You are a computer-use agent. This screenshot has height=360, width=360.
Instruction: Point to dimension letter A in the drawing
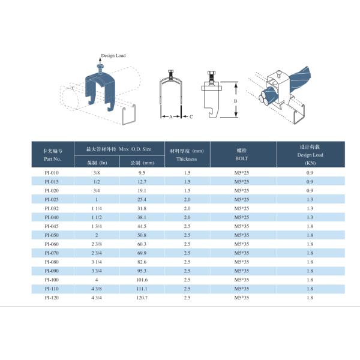tap(171, 116)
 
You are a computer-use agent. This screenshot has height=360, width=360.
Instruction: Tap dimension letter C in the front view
tap(191, 116)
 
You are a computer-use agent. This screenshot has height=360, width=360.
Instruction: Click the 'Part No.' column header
tap(53, 159)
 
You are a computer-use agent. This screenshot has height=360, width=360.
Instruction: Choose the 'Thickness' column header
tap(187, 159)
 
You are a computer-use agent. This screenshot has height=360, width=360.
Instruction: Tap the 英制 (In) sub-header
tap(96, 163)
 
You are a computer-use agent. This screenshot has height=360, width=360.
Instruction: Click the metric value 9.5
tap(142, 173)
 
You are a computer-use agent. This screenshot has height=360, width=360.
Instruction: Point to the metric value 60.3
tap(142, 244)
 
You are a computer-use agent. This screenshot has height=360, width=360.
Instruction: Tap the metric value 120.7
tap(142, 297)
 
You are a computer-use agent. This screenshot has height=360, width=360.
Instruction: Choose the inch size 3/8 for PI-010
tap(96, 173)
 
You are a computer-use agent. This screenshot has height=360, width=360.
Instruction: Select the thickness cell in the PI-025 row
tap(187, 199)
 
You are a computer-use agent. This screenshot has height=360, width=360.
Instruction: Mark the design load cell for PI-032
tap(310, 208)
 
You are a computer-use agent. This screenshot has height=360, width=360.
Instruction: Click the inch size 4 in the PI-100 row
tap(96, 280)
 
